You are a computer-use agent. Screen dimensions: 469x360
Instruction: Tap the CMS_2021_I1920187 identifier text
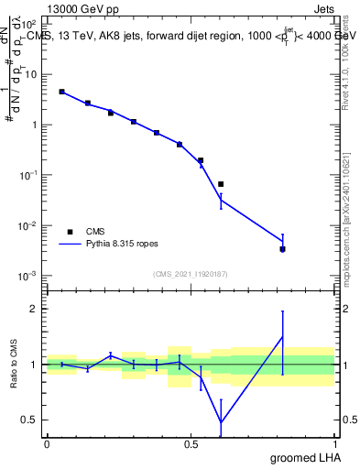(x=191, y=274)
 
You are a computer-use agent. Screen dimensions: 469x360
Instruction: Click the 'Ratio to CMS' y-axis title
(x=14, y=364)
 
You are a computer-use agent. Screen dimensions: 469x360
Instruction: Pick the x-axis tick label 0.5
(x=191, y=443)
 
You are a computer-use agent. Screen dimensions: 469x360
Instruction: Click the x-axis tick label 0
(x=47, y=443)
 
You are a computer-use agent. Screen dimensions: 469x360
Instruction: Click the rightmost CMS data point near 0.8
(x=282, y=249)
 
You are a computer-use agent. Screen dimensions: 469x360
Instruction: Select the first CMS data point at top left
(x=61, y=92)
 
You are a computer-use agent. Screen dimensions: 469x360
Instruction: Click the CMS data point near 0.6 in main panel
(x=221, y=184)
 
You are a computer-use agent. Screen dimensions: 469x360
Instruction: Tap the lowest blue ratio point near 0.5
(x=221, y=422)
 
